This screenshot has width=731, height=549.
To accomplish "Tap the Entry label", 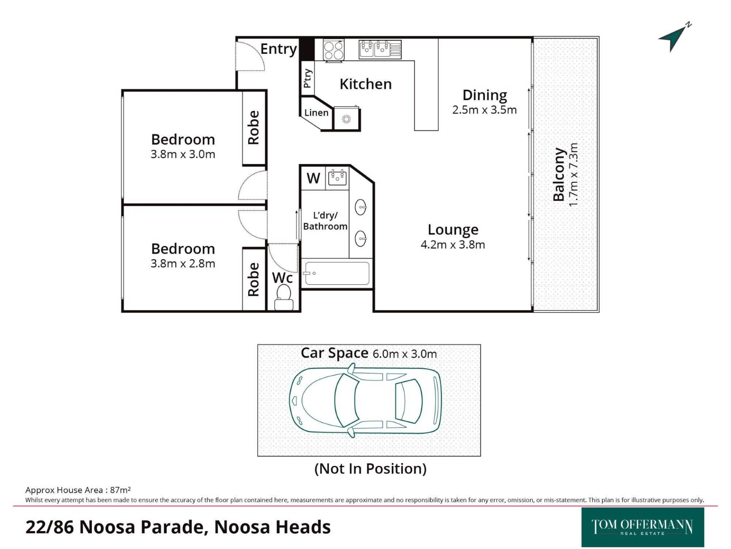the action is click(x=278, y=49).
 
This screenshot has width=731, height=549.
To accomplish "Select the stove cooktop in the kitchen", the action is click(x=334, y=50).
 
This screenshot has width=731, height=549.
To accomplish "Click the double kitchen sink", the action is click(x=380, y=50).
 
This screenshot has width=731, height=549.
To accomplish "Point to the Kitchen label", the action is click(x=365, y=84).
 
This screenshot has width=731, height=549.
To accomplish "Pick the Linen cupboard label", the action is click(x=316, y=112).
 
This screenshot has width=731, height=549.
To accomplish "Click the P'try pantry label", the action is click(x=308, y=79).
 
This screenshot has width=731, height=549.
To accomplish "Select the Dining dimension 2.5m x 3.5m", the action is click(x=484, y=110).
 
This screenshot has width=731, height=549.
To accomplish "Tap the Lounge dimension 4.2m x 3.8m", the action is click(x=453, y=244).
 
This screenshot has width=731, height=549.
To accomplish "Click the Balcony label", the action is click(x=559, y=174).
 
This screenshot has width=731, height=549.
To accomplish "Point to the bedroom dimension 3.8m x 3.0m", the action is click(x=183, y=154).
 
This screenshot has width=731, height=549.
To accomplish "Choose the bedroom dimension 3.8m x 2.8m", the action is click(x=183, y=263).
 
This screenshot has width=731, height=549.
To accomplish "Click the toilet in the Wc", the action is click(x=284, y=298).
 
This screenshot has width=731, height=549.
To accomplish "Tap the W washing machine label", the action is click(x=313, y=178).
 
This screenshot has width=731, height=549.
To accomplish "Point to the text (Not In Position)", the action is click(x=370, y=469).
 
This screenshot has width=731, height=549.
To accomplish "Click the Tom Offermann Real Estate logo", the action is click(x=643, y=527).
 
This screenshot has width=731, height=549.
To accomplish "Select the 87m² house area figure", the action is click(x=120, y=490).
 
